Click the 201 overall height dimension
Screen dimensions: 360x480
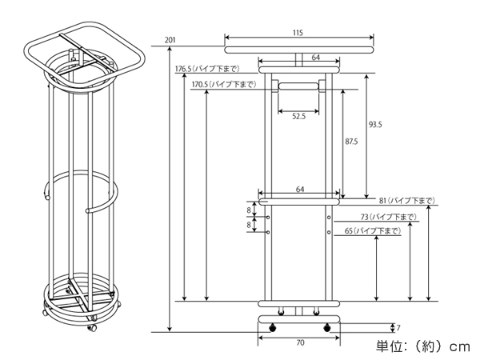coord(170,39)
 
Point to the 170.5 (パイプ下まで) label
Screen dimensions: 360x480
coord(224,84)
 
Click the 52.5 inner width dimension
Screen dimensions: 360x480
coord(298,117)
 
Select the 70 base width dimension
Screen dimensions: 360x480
coord(298,343)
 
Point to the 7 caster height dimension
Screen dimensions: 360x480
coord(398,327)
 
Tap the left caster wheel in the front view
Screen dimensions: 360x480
coord(274,327)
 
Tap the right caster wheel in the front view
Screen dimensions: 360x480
coord(326,327)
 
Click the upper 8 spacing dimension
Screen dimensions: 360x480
coord(249,213)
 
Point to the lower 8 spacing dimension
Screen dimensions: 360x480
coord(249,226)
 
